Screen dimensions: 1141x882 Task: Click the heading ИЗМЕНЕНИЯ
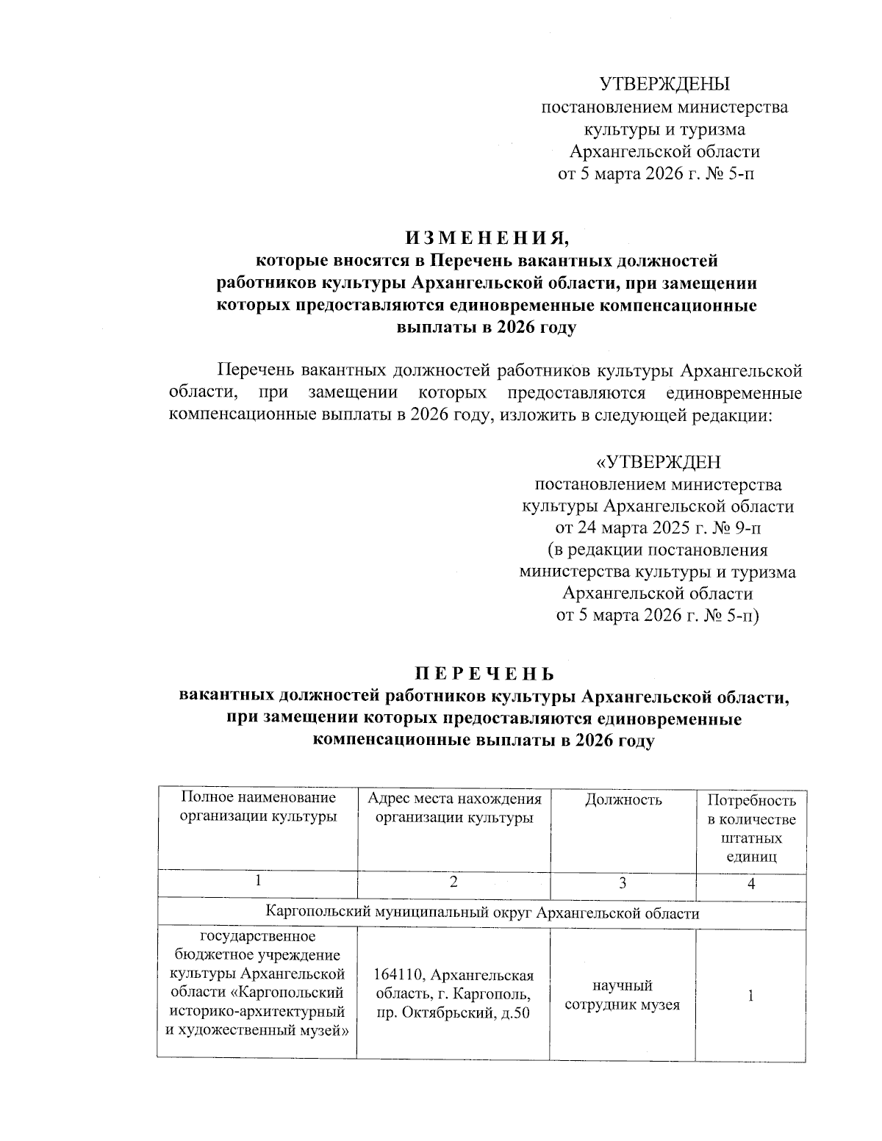(x=487, y=238)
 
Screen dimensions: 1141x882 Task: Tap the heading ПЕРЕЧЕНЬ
(x=483, y=674)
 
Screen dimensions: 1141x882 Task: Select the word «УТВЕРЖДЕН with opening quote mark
(x=658, y=462)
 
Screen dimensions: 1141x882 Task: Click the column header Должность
(x=623, y=800)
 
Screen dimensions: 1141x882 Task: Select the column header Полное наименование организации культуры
(x=257, y=807)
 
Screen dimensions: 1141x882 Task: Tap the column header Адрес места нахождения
(x=454, y=799)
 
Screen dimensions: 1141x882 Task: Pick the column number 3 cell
(x=623, y=884)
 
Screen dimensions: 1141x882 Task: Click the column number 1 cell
(x=257, y=882)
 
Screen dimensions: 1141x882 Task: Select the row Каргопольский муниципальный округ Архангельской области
(x=482, y=913)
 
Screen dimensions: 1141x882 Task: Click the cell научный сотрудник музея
(x=623, y=996)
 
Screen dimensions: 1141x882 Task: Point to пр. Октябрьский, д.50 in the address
(x=453, y=1015)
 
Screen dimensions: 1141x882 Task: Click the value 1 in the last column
(x=750, y=996)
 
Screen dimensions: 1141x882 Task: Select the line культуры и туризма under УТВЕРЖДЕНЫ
(x=664, y=130)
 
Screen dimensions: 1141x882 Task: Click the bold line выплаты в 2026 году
(x=486, y=328)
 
